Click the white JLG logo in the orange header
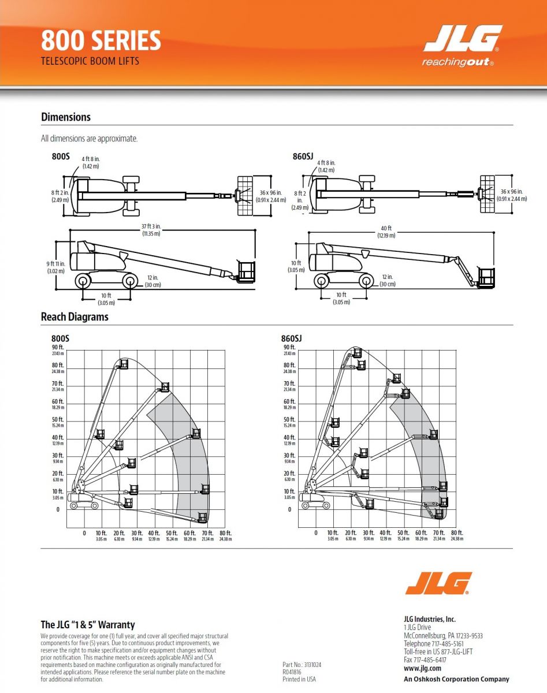point(462,39)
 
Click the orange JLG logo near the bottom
point(438,583)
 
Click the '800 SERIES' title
point(101,41)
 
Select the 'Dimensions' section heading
point(66,117)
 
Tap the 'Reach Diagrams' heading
point(75,317)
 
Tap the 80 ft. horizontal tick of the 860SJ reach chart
point(456,532)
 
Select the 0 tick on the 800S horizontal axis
point(84,532)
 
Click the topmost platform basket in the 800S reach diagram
point(123,363)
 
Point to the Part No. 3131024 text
point(302,665)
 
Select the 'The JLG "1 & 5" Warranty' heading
point(88,625)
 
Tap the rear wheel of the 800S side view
point(83,281)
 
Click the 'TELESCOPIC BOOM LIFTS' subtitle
point(90,61)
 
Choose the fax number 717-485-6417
point(425,660)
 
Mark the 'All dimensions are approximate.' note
point(90,139)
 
